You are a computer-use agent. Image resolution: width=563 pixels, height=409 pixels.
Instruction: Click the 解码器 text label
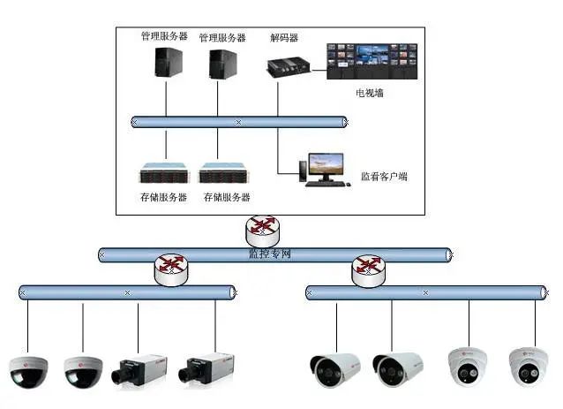pyautogui.click(x=284, y=38)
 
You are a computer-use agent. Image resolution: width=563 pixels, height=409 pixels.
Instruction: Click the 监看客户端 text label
pyautogui.click(x=384, y=177)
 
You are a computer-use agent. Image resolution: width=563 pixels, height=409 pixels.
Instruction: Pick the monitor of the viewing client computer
pyautogui.click(x=326, y=164)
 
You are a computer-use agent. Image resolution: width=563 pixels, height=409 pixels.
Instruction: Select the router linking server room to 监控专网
pyautogui.click(x=262, y=228)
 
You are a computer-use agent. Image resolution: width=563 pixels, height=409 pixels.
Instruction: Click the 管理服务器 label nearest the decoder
pyautogui.click(x=222, y=38)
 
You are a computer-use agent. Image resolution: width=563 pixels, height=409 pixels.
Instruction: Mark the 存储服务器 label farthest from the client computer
pyautogui.click(x=163, y=197)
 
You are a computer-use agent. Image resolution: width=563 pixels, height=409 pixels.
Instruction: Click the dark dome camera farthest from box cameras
pyautogui.click(x=27, y=372)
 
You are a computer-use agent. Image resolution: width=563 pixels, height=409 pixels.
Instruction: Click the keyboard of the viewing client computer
pyautogui.click(x=323, y=183)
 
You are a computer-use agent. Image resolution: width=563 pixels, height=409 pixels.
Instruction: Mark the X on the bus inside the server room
pyautogui.click(x=238, y=122)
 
